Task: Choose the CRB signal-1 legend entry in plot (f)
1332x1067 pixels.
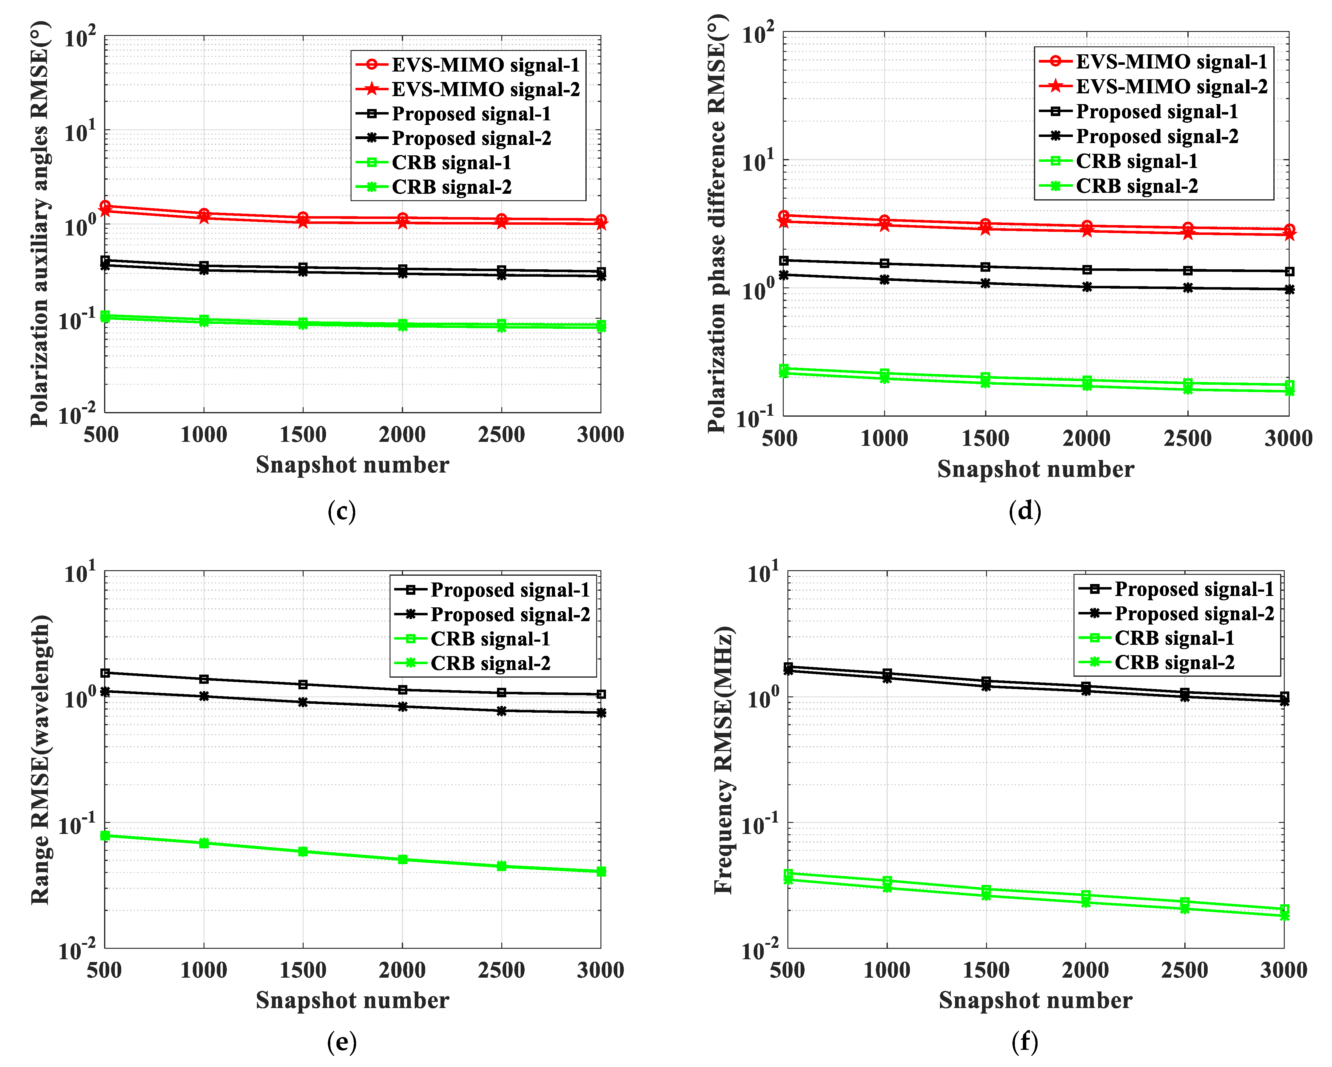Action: point(1174,638)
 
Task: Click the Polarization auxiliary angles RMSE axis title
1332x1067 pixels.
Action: point(40,224)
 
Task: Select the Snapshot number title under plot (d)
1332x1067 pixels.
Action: point(1035,469)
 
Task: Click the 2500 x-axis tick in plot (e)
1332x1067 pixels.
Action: point(501,970)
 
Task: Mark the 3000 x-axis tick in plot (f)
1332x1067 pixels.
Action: point(1284,970)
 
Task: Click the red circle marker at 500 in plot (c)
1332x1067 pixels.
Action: point(105,206)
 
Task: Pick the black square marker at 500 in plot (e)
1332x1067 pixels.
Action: point(105,673)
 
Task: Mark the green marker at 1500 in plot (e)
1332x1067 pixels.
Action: point(303,851)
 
